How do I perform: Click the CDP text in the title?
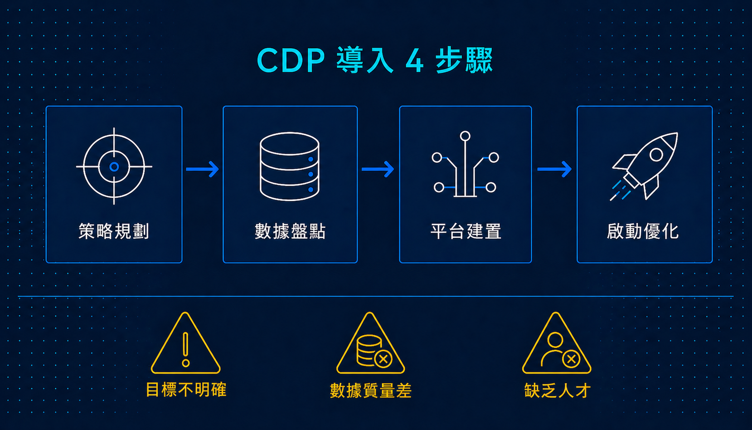[291, 60]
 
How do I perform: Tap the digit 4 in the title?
[415, 60]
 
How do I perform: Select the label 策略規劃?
[114, 231]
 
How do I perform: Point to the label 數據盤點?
[290, 231]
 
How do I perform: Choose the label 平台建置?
[466, 231]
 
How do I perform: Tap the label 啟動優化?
[643, 231]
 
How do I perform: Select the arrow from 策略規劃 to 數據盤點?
[203, 169]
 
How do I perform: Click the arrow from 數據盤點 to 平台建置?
[378, 169]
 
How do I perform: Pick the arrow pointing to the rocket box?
[554, 169]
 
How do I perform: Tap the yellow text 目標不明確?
[186, 390]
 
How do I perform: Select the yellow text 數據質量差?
[371, 391]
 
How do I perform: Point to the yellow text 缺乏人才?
[557, 391]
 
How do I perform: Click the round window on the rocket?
[656, 155]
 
